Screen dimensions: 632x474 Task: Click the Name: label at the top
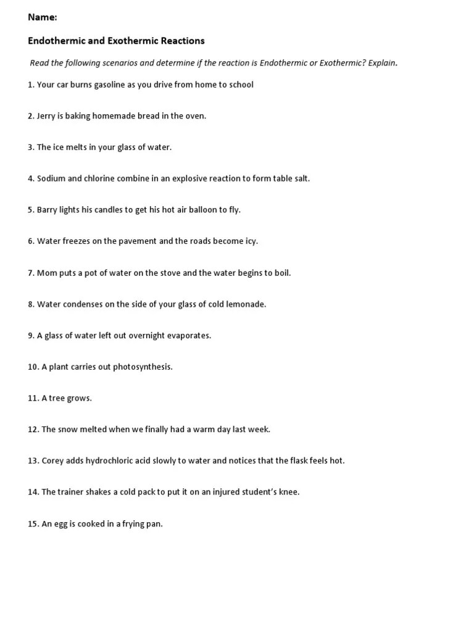[x=43, y=17]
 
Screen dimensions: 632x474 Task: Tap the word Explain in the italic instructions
[x=381, y=63]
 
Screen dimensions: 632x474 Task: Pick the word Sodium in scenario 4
[x=51, y=178]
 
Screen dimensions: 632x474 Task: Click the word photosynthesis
[x=143, y=367]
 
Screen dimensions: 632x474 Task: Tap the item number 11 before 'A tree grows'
[x=33, y=398]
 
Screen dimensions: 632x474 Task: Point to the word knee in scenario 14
[x=288, y=493]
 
